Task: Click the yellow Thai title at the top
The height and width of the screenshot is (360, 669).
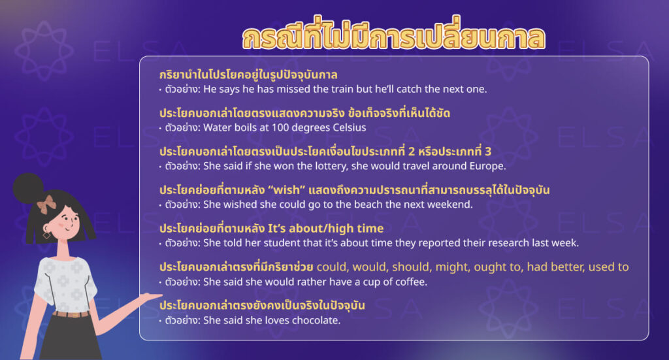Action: pos(393,39)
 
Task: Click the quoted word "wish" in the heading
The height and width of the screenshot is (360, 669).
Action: pos(282,189)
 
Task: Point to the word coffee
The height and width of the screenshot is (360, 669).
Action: pos(410,282)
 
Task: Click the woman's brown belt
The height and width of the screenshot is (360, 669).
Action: pos(71,314)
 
